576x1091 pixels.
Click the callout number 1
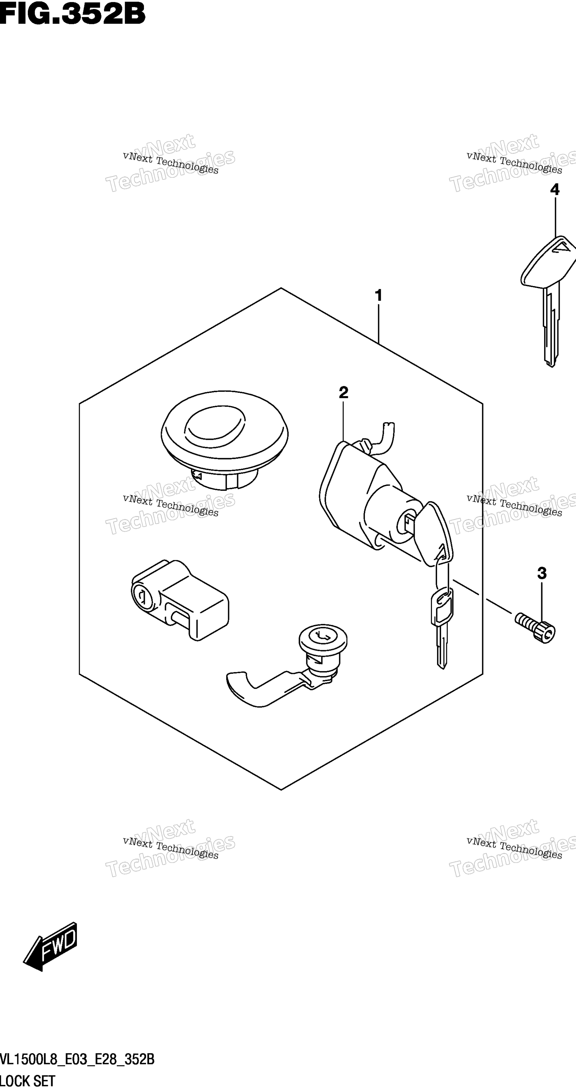click(378, 295)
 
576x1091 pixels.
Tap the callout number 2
click(343, 393)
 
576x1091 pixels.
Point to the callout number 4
click(554, 189)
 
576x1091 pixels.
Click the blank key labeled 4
click(548, 301)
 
